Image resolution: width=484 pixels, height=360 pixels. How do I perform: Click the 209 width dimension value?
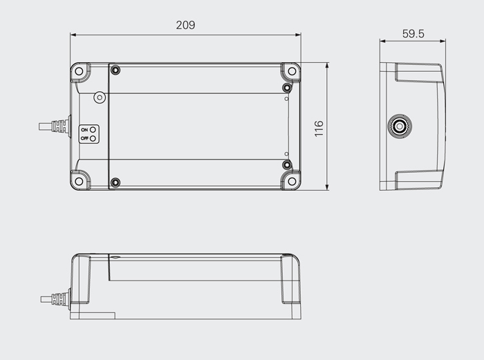click(185, 25)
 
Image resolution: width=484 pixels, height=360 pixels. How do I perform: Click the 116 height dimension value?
click(319, 129)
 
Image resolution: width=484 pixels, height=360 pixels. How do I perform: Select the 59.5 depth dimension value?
click(413, 34)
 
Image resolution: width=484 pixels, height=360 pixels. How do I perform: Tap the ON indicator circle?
click(92, 130)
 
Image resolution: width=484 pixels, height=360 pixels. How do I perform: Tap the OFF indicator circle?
click(93, 138)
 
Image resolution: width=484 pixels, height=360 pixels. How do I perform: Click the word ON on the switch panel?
click(84, 130)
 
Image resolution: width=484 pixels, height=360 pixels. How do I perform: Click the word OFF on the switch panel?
click(84, 138)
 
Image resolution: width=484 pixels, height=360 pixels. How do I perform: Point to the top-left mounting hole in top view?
click(79, 71)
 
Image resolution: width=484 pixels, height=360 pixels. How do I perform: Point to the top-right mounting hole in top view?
click(292, 71)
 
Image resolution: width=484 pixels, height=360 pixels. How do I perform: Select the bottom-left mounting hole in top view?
click(79, 181)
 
